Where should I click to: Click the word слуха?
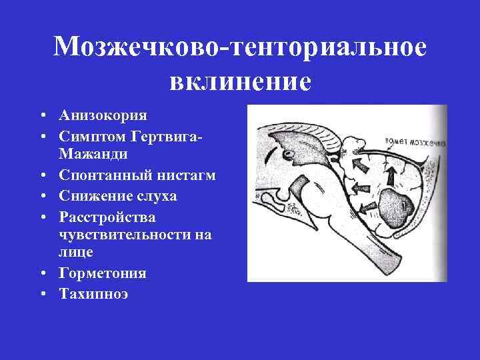(x=157, y=197)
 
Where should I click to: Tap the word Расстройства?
(x=107, y=217)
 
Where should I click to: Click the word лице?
(x=76, y=253)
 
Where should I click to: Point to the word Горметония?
(x=103, y=273)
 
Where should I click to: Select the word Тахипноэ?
(x=94, y=294)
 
